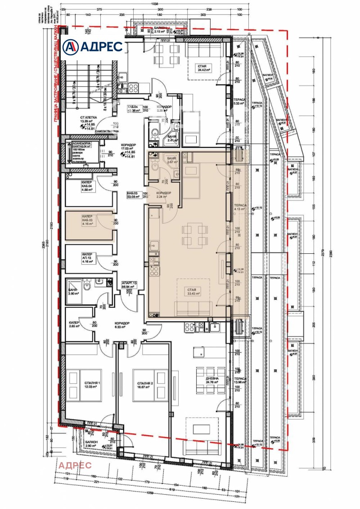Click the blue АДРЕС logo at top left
pyautogui.click(x=93, y=46)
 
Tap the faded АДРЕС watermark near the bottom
pyautogui.click(x=75, y=465)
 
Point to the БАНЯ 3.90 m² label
pyautogui.click(x=73, y=290)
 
